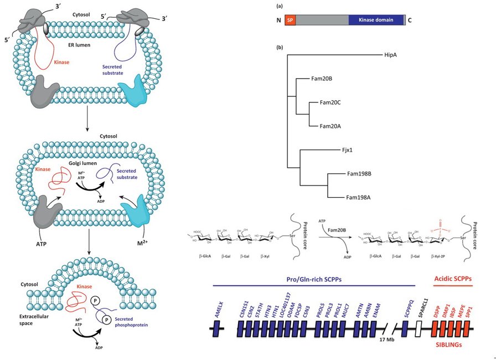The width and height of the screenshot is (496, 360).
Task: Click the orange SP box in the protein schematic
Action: coord(291,20)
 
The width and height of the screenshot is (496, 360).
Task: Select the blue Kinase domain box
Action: coord(376,20)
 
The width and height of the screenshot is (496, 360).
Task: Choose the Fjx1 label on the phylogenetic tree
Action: coord(350,150)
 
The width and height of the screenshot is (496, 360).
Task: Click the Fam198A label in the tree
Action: coord(359,197)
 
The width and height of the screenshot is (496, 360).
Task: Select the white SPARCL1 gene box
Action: coord(419,329)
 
